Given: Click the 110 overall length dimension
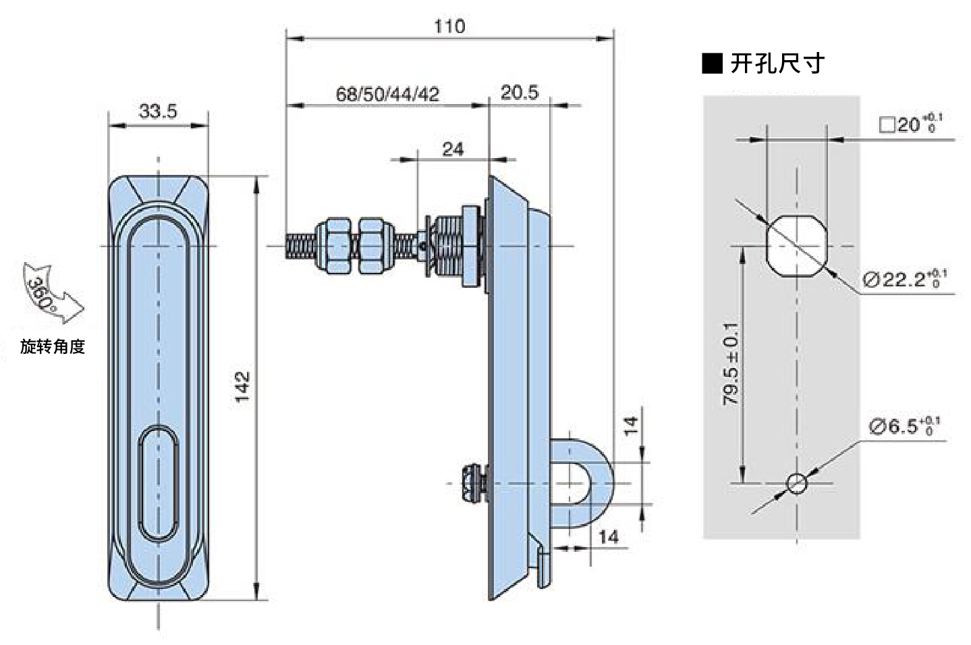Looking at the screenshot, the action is (x=449, y=27).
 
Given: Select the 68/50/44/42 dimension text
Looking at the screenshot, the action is (x=387, y=94).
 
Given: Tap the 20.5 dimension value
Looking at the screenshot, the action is (x=520, y=93).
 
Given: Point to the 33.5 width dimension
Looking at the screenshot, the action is (x=158, y=111).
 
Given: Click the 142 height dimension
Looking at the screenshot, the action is (x=242, y=387).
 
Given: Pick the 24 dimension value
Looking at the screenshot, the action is (x=453, y=150).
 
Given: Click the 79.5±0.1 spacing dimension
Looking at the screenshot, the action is (x=731, y=364).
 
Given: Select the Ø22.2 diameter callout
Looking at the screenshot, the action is (x=905, y=279).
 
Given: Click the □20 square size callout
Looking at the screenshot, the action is (x=911, y=124).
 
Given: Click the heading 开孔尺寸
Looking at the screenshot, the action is (x=777, y=63).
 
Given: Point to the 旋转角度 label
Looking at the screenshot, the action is (x=53, y=346).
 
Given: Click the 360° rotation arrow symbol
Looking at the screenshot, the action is (x=51, y=293).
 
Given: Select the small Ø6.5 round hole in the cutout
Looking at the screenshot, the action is (x=796, y=483).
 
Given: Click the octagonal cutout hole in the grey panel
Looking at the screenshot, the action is (x=796, y=246).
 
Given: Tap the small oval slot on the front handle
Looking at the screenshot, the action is (x=158, y=484).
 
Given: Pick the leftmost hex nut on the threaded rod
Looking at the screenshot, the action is (x=333, y=246).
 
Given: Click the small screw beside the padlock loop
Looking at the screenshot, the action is (x=476, y=483).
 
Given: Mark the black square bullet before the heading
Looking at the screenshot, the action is (x=712, y=63).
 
